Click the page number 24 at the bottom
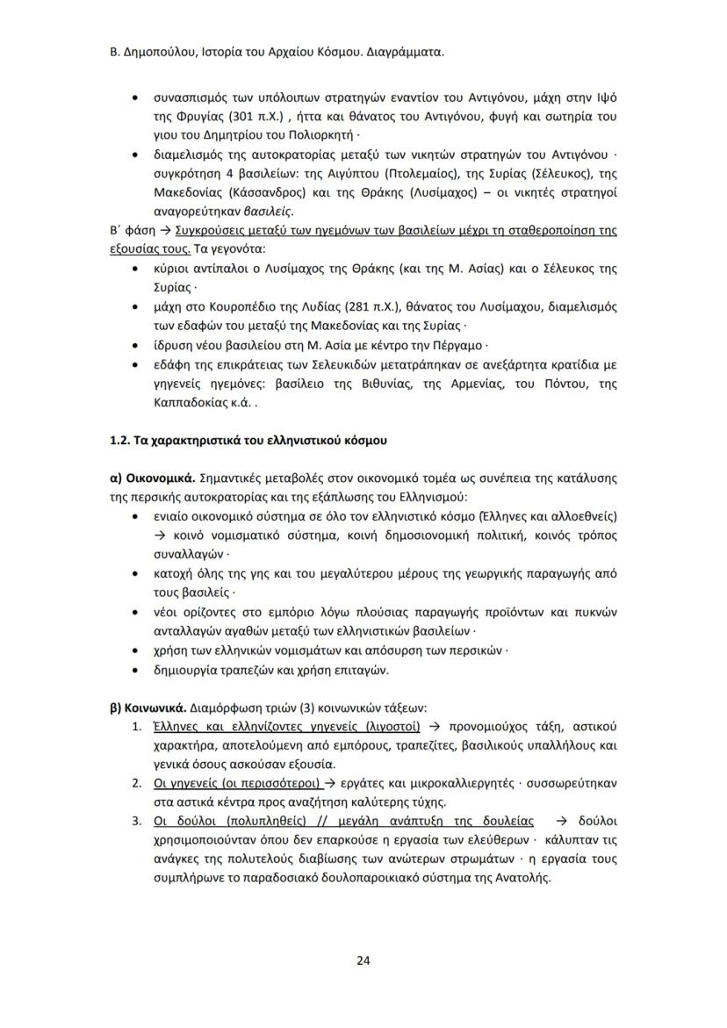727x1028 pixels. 363,960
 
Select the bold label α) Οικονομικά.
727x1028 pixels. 147,478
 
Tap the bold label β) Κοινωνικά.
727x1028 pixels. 144,708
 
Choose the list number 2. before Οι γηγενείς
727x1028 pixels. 136,783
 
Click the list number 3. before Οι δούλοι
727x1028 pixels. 136,822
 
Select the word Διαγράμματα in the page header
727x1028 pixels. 402,52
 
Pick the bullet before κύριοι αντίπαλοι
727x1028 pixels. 133,270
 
